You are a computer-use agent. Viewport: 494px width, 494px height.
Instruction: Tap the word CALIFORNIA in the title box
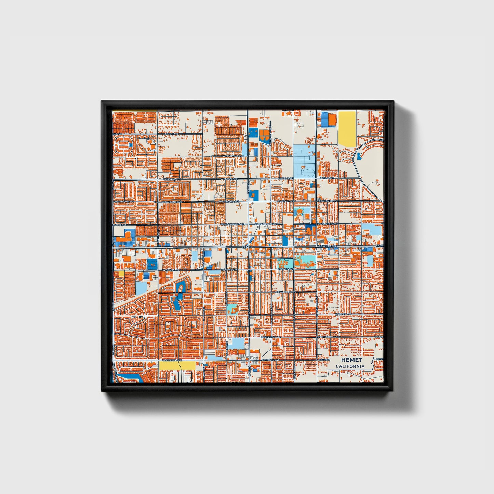[x=350, y=366]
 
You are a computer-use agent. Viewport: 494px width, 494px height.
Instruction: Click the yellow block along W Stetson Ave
[x=177, y=365]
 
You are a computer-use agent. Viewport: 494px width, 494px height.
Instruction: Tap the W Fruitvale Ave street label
[x=232, y=156]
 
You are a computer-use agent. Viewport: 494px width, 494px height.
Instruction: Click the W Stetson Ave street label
[x=172, y=360]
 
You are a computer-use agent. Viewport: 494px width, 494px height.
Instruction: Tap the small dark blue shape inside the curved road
[x=358, y=156]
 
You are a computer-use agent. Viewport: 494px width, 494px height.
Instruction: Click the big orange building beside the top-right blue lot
[x=332, y=119]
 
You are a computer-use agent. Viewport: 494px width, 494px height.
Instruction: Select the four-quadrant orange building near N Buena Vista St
[x=264, y=135]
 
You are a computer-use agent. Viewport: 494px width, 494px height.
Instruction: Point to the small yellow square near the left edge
[x=121, y=273]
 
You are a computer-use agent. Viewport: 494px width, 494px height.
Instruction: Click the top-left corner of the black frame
[x=102, y=102]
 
